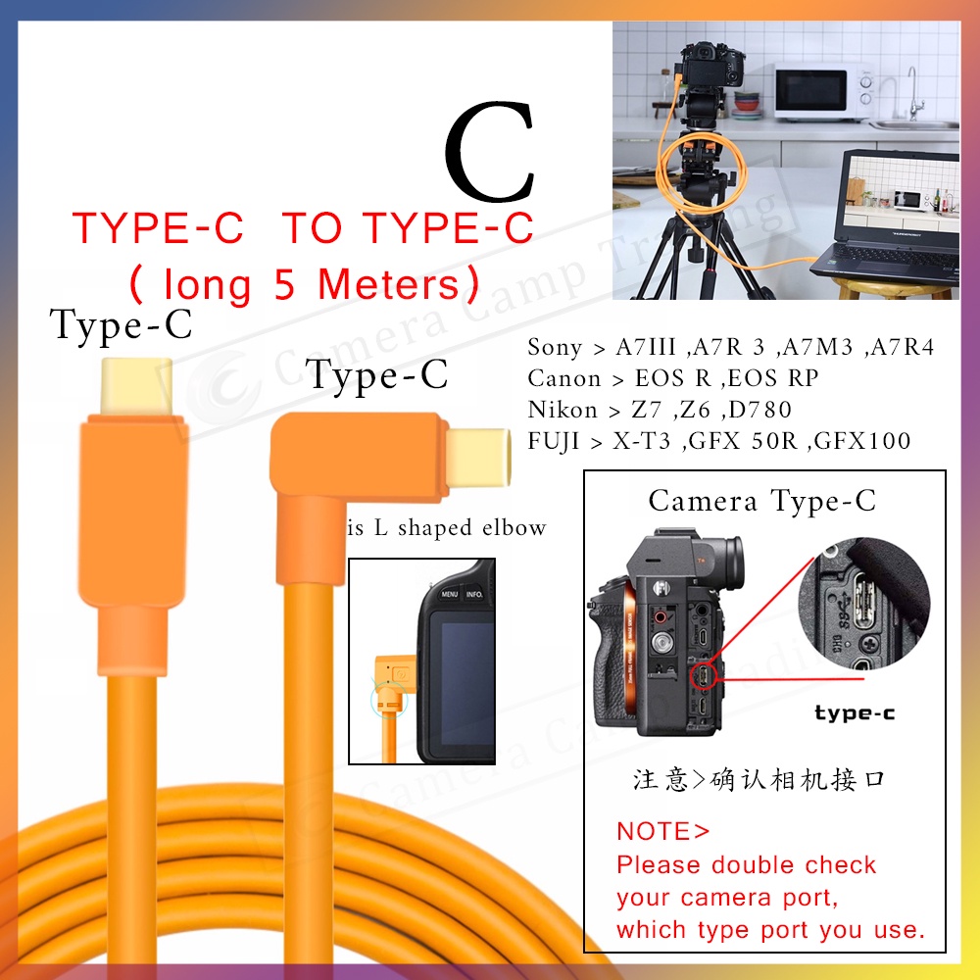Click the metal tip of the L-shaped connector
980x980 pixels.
[477, 458]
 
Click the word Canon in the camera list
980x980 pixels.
[564, 378]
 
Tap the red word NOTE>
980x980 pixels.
[662, 832]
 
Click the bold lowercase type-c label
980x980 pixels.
[854, 713]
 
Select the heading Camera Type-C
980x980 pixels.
[761, 501]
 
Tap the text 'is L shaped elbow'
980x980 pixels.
[447, 528]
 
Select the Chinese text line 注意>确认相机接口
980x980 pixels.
[759, 780]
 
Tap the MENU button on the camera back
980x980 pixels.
[450, 593]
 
